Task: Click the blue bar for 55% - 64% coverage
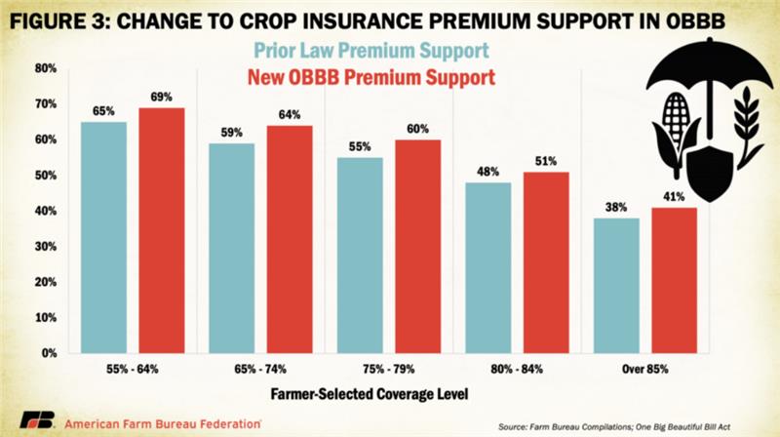(104, 237)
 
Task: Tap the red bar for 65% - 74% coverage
(291, 239)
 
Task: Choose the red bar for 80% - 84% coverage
(546, 262)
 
